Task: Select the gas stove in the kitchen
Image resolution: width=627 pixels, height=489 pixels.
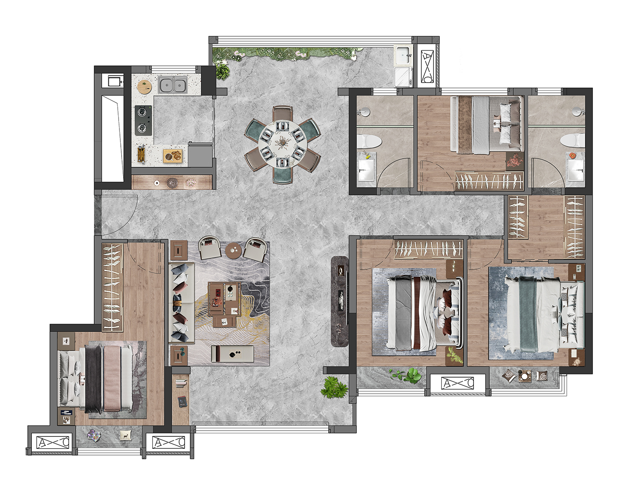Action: click(143, 120)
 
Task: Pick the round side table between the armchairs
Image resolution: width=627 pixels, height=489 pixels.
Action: click(234, 251)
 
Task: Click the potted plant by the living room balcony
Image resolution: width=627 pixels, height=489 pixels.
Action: click(334, 387)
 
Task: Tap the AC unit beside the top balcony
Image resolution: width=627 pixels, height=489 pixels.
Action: click(427, 67)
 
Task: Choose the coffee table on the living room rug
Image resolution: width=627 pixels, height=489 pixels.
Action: click(225, 299)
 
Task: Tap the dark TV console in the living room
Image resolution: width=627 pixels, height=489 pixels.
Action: click(340, 301)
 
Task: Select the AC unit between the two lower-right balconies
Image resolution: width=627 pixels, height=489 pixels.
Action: click(458, 383)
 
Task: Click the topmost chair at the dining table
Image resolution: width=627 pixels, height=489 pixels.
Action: click(283, 113)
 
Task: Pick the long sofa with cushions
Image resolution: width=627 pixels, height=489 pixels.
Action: click(181, 303)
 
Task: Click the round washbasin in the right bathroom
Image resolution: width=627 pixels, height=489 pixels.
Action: click(578, 111)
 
